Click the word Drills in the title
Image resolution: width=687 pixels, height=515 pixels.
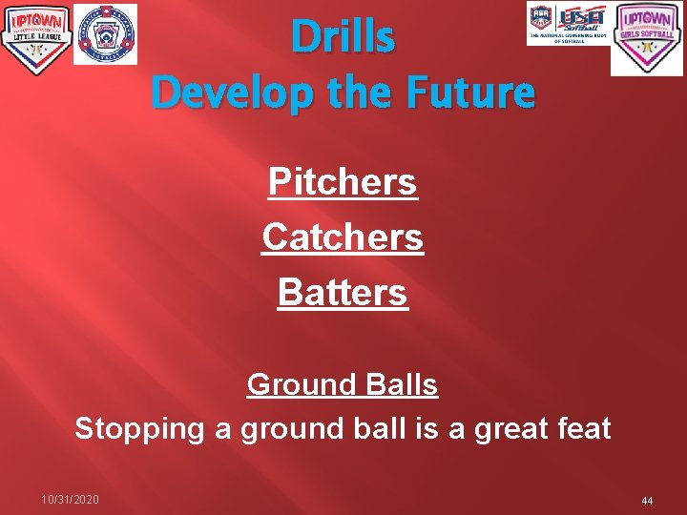pos(343,38)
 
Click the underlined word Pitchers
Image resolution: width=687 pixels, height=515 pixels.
pos(343,181)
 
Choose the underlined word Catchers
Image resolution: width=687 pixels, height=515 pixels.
pos(343,237)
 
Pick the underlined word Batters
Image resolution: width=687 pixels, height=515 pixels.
pos(343,292)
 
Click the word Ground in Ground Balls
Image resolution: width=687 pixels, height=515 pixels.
pos(300,384)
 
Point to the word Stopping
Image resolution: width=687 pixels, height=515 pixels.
pos(139,428)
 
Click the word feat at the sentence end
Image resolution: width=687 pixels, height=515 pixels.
pos(585,428)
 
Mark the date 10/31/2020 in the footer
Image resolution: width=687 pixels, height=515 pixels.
pos(70,500)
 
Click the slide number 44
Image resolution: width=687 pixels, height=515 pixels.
pos(647,501)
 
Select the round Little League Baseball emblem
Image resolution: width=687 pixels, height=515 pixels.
pos(105,34)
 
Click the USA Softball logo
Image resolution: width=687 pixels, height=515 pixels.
pos(569,24)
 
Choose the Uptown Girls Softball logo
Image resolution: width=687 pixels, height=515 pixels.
pos(647,38)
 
